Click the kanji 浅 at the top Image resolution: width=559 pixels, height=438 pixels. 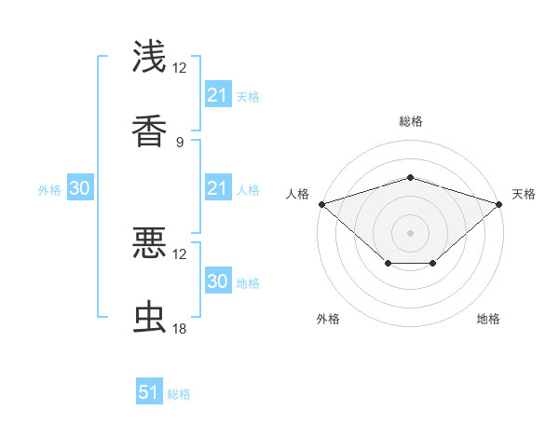149,57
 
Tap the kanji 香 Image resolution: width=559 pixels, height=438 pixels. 149,130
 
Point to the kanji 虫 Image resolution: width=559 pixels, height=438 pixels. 149,317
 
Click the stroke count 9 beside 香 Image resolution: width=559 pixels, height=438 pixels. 179,143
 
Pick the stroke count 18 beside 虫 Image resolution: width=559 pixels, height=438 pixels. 179,329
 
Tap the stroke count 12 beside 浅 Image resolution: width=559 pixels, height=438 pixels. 179,68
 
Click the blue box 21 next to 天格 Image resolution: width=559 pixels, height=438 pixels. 217,95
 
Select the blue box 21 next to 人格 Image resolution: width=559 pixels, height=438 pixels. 217,188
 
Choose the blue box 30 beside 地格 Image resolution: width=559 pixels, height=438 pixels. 217,281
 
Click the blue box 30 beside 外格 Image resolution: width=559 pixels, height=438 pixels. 80,188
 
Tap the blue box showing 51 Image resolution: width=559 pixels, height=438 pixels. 149,392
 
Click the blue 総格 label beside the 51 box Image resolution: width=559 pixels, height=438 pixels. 179,394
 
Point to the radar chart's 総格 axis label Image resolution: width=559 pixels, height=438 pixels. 410,121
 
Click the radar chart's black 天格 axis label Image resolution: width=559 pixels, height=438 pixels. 524,194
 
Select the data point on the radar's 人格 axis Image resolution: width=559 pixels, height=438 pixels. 321,203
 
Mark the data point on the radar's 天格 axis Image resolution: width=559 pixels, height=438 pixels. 498,203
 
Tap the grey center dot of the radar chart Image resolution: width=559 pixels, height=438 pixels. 410,232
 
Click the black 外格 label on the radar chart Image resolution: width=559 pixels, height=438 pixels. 327,319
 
